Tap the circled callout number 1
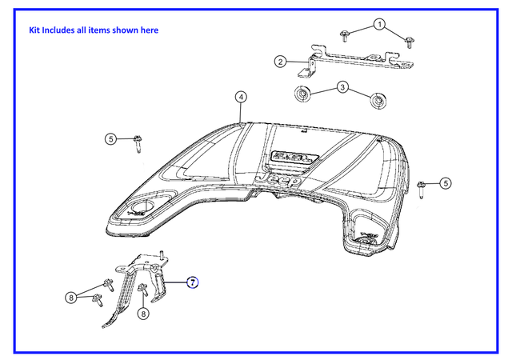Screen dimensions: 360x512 tap(380, 24)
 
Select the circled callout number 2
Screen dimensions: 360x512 tap(281, 62)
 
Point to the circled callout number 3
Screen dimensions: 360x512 tap(343, 86)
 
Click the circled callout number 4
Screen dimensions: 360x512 tap(241, 97)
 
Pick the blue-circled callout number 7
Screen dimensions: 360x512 tap(193, 282)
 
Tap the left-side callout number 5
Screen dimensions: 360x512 tap(111, 139)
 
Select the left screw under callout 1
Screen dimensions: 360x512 tap(344, 35)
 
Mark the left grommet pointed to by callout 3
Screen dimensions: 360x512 tap(303, 94)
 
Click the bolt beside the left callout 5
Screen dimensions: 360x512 tap(137, 143)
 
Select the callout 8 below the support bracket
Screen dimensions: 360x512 tap(143, 314)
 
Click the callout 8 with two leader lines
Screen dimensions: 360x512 tap(71, 298)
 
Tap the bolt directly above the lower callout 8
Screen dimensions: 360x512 tap(142, 290)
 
